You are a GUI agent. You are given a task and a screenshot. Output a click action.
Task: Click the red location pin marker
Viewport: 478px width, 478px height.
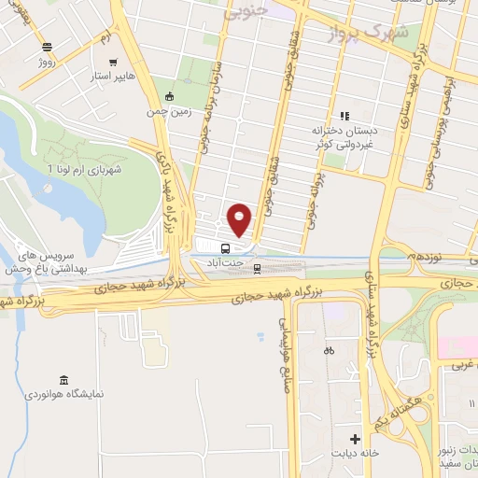pos(240,218)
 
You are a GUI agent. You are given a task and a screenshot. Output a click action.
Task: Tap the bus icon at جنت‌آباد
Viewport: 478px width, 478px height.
pos(225,248)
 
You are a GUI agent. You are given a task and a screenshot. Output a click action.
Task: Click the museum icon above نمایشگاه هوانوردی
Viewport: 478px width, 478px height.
pos(63,379)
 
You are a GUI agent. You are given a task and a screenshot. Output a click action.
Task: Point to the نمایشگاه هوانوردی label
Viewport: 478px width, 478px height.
pos(71,394)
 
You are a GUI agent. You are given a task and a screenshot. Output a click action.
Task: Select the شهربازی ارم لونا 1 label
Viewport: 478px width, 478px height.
pos(91,168)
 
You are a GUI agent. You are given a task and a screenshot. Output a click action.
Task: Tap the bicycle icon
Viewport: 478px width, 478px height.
pos(328,352)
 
